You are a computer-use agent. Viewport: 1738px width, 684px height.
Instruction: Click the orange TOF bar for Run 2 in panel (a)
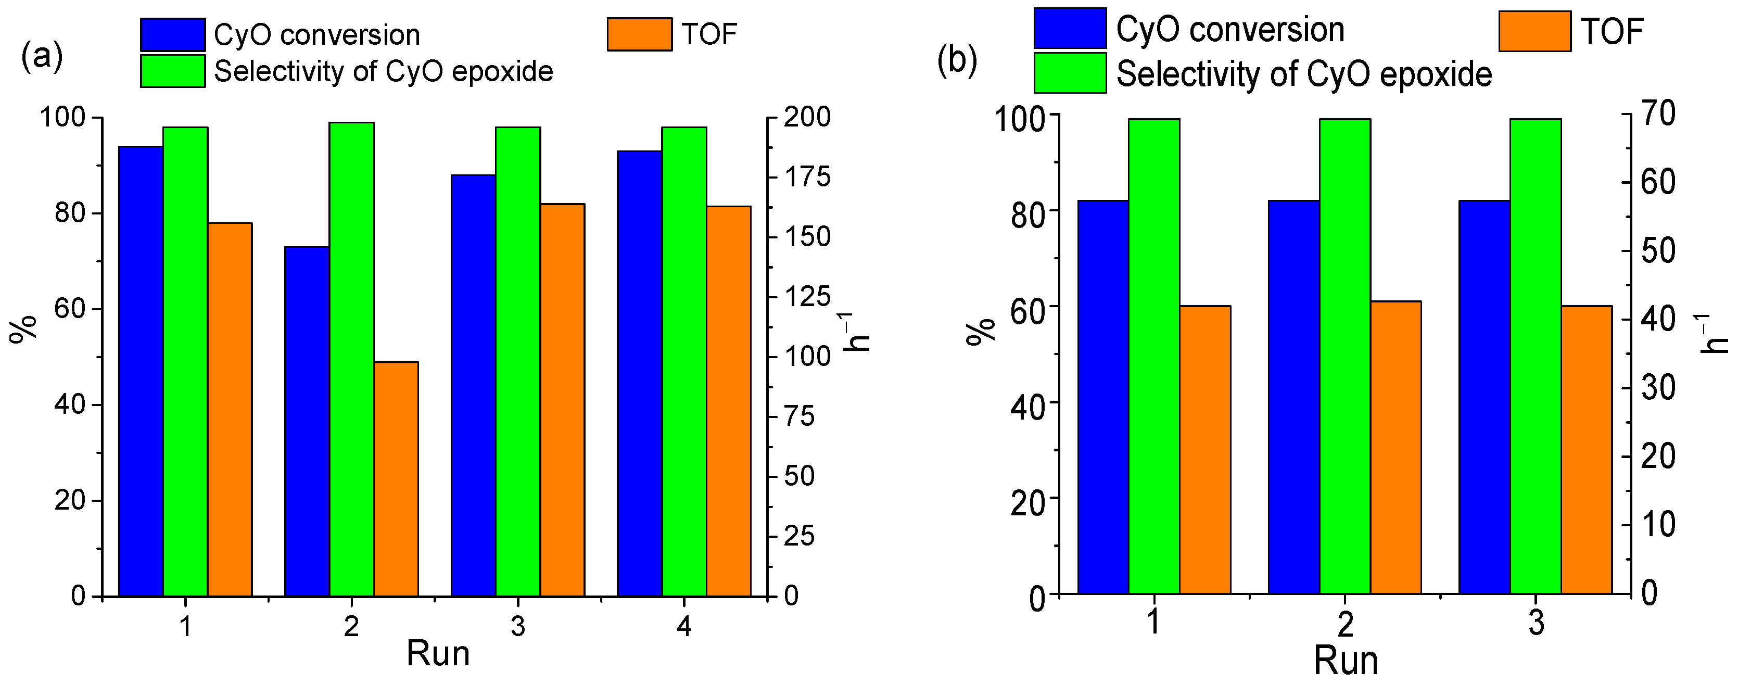pos(396,479)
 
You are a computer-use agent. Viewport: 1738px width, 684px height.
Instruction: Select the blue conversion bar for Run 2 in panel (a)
pos(307,422)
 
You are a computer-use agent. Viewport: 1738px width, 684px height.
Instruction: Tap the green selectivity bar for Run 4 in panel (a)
pos(683,361)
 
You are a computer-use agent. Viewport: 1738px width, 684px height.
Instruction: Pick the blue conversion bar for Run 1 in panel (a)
pos(141,371)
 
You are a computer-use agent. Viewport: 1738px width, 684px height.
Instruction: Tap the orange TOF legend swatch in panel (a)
pos(639,34)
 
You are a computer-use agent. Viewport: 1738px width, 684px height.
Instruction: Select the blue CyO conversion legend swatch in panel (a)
pos(173,34)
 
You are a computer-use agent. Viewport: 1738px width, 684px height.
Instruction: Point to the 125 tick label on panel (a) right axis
pos(808,297)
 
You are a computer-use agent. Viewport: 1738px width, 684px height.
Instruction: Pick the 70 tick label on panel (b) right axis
pos(1657,113)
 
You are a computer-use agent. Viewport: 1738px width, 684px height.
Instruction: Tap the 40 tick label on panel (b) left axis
pos(1027,406)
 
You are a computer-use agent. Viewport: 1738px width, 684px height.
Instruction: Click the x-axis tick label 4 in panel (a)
pos(683,627)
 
